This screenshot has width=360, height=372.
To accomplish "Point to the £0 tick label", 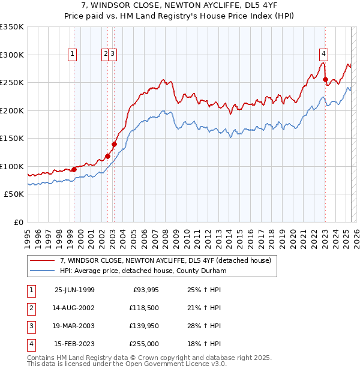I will tap(18, 222).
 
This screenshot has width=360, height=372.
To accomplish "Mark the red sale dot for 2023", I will tap(325, 79).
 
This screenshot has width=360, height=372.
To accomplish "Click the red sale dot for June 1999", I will tap(74, 169).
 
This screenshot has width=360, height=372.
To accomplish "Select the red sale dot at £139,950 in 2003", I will tap(114, 144).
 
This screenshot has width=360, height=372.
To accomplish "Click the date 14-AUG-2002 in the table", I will tap(74, 308).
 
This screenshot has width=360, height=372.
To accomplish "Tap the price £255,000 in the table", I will tap(145, 344).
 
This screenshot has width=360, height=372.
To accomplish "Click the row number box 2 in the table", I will tap(31, 308).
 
